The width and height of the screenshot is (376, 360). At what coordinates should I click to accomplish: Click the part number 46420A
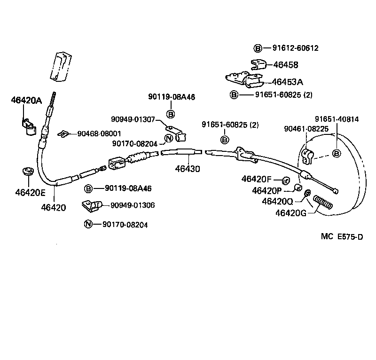[x=27, y=100]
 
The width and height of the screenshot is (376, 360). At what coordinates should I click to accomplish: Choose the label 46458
[x=286, y=65]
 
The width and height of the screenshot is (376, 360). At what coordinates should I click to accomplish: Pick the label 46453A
[x=287, y=81]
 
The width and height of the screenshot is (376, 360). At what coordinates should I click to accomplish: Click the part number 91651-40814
[x=337, y=119]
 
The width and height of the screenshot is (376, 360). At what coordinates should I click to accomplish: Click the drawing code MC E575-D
[x=342, y=237]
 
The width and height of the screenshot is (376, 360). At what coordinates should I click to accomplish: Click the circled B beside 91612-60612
[x=258, y=48]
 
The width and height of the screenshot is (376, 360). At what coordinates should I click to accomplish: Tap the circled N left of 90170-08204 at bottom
[x=88, y=225]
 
